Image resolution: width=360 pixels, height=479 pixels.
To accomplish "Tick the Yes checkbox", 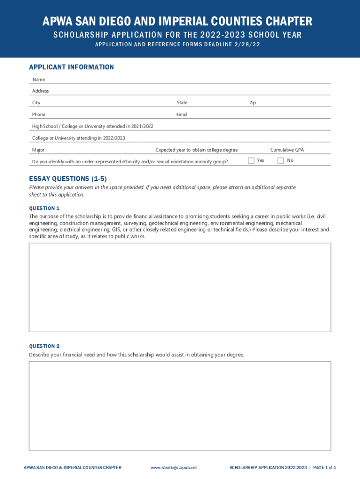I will pos(251,161).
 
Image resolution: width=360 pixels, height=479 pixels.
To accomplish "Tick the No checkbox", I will pos(281,161).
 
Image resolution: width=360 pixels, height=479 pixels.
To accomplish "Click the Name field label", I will pos(38,80).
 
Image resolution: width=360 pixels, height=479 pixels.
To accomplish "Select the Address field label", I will pos(40,91).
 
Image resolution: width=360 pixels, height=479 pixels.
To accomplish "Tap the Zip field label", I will pos(252,103).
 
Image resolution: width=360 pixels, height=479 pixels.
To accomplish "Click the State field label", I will pos(182,103).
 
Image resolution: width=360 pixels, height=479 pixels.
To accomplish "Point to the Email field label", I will pos(181,115).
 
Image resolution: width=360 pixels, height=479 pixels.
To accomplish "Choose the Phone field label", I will pos(39,115).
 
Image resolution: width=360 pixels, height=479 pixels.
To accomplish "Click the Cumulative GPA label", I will pos(287,150).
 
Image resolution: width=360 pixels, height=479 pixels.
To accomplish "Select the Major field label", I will pos(38,150).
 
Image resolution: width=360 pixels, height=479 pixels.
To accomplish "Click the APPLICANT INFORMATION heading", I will pos(71,67).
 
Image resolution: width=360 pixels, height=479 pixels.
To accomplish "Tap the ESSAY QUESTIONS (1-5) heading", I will pos(68,179).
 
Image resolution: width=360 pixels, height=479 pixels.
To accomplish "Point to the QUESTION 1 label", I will pos(44,208).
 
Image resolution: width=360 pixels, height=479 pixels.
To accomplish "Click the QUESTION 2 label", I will pos(44,346).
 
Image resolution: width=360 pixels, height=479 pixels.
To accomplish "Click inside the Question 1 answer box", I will pos(180,287).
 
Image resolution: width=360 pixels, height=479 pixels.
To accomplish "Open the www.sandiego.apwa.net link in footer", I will pos(174,468).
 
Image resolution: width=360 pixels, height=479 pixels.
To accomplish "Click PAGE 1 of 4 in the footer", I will pos(324,468).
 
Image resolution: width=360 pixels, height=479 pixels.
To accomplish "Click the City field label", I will pos(36,103).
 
